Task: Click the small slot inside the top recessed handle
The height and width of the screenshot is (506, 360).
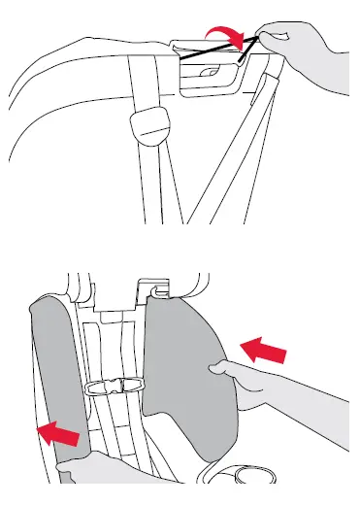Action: point(206,75)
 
